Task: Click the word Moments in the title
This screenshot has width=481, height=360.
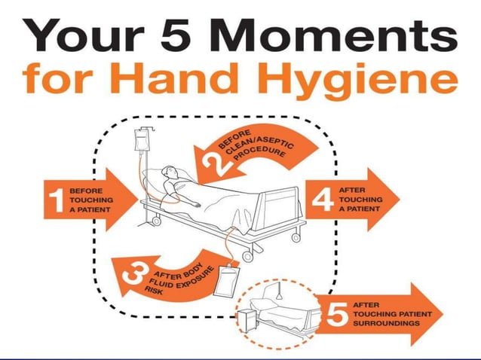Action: point(333,35)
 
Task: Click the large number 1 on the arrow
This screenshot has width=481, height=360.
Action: point(56,200)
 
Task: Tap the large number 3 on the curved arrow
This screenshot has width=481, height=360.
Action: point(134,273)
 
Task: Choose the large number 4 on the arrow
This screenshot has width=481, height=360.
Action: point(323,200)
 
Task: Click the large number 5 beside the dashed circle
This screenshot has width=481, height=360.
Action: point(337,314)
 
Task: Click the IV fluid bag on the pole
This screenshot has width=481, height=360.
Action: point(141,140)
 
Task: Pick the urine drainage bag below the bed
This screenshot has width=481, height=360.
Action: point(226,280)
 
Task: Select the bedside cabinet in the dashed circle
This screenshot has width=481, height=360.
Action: point(247,320)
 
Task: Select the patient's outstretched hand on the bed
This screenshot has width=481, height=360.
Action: point(196,205)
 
